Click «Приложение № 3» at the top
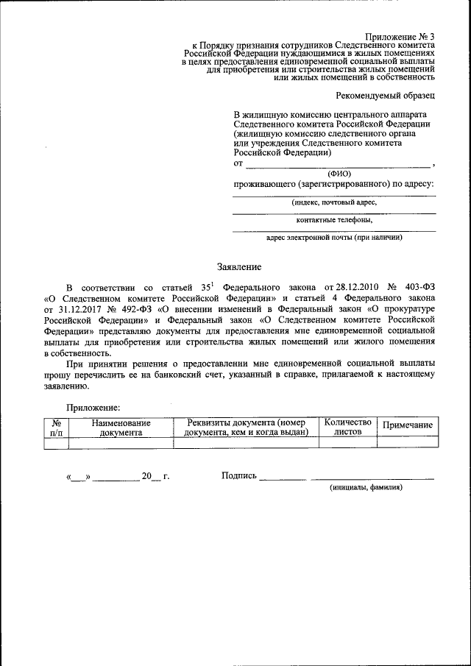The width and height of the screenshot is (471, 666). (400, 36)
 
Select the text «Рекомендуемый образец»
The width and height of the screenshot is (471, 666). (385, 96)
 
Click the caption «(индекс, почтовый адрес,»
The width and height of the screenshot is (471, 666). (334, 201)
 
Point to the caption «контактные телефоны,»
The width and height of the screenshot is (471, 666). (334, 219)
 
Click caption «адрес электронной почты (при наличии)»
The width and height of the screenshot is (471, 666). (334, 238)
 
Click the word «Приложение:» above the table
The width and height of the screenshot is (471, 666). (93, 407)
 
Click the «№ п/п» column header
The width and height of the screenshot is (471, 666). (56, 428)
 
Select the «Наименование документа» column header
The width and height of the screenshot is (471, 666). (121, 428)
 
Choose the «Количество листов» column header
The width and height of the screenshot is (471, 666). (348, 427)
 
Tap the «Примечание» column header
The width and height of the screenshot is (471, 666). (407, 426)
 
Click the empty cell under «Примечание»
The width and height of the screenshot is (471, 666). (407, 442)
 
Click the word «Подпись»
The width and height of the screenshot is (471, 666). (238, 475)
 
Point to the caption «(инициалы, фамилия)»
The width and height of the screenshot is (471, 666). (366, 487)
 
